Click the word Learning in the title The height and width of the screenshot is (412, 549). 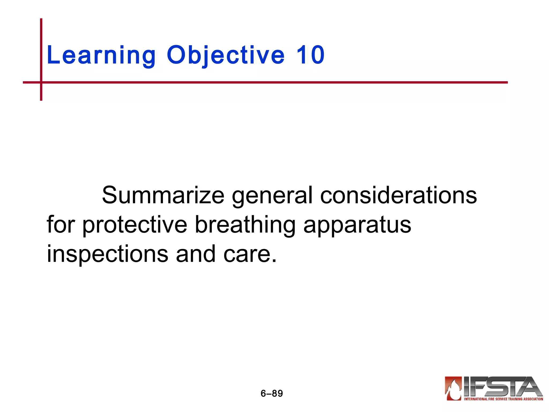click(x=101, y=56)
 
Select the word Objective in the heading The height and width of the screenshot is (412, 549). click(x=225, y=56)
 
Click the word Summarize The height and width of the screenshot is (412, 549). click(x=163, y=195)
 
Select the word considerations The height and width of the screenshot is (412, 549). click(x=399, y=195)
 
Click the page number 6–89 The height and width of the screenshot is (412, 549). click(x=272, y=393)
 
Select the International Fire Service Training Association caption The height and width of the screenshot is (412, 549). click(x=503, y=399)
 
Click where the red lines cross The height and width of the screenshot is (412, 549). click(x=41, y=82)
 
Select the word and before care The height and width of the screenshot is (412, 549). click(x=196, y=254)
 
